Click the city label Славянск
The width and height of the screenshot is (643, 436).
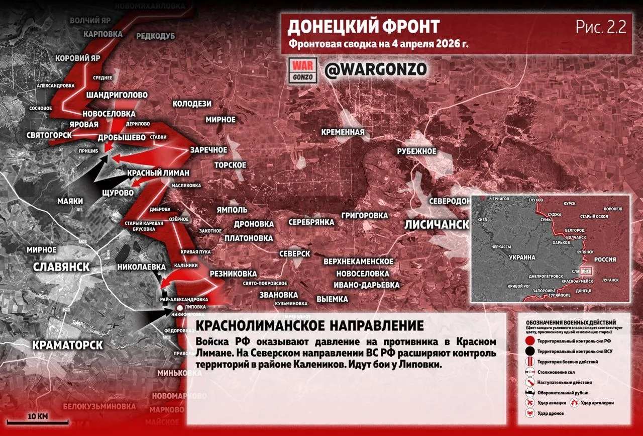61,267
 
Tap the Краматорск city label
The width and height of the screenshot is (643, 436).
67,345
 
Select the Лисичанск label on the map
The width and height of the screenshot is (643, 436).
436,225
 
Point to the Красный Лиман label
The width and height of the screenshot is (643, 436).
158,173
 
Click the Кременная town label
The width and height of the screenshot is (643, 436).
343,132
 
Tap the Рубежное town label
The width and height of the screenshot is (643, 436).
416,151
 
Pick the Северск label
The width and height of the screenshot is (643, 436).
294,253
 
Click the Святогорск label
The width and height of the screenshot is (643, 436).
49,135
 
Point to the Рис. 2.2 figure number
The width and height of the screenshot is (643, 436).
601,28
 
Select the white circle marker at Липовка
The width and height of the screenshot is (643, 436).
179,307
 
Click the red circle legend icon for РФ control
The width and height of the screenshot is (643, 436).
529,341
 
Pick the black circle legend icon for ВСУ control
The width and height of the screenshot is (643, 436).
529,351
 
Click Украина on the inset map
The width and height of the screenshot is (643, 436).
523,257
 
